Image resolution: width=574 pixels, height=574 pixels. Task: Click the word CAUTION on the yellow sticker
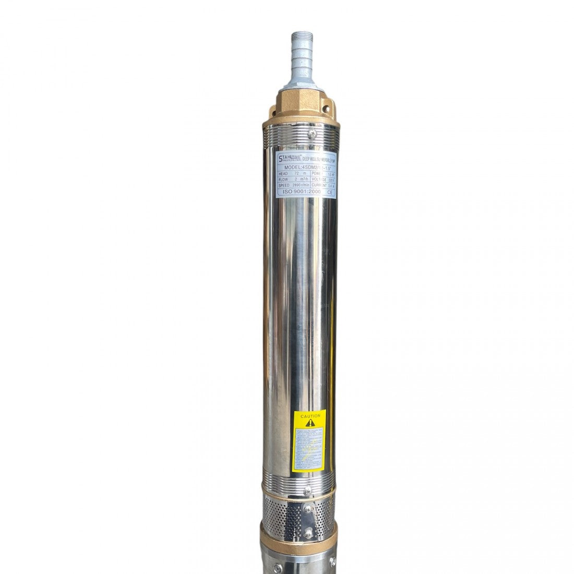click(310, 416)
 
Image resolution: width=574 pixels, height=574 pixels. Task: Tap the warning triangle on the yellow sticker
click(310, 423)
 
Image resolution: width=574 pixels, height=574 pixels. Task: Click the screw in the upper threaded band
click(311, 135)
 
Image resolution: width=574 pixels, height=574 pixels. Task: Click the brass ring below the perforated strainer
click(300, 535)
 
